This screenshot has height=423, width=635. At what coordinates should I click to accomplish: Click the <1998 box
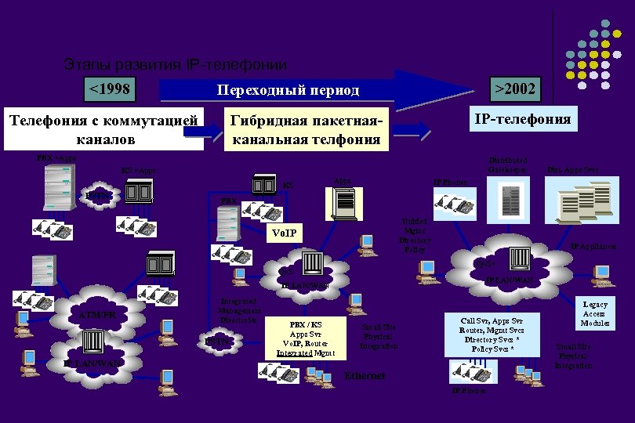pos(109,89)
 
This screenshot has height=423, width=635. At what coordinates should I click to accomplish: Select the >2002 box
pos(514,89)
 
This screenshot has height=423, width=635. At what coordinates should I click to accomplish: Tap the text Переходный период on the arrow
pos(288,90)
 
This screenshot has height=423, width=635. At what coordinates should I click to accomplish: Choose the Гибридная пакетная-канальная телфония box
pos(305,129)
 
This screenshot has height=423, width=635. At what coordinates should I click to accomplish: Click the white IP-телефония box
pos(522,119)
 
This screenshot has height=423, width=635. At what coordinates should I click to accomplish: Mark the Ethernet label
pos(365,376)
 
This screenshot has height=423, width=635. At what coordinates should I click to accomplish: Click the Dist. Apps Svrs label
pos(573,168)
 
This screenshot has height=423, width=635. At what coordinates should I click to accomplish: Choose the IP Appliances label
pos(593,247)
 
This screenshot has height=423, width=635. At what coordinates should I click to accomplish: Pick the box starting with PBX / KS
pos(305,338)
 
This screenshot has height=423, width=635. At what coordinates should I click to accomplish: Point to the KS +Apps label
pos(138,170)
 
